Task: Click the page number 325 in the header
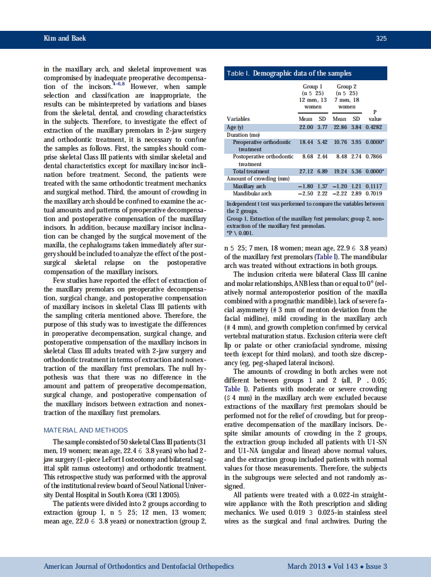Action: (381, 39)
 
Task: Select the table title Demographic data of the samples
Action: (302, 74)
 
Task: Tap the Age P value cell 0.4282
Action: (373, 127)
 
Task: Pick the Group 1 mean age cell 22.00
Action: (306, 127)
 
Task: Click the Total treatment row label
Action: (251, 171)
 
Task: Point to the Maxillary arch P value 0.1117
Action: (373, 186)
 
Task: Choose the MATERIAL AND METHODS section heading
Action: (86, 430)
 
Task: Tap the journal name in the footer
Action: (139, 566)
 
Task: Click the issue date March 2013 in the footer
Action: (306, 566)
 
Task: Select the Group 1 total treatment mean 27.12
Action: (306, 171)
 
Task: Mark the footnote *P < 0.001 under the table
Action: (240, 232)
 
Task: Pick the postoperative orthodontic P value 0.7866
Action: (373, 156)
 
